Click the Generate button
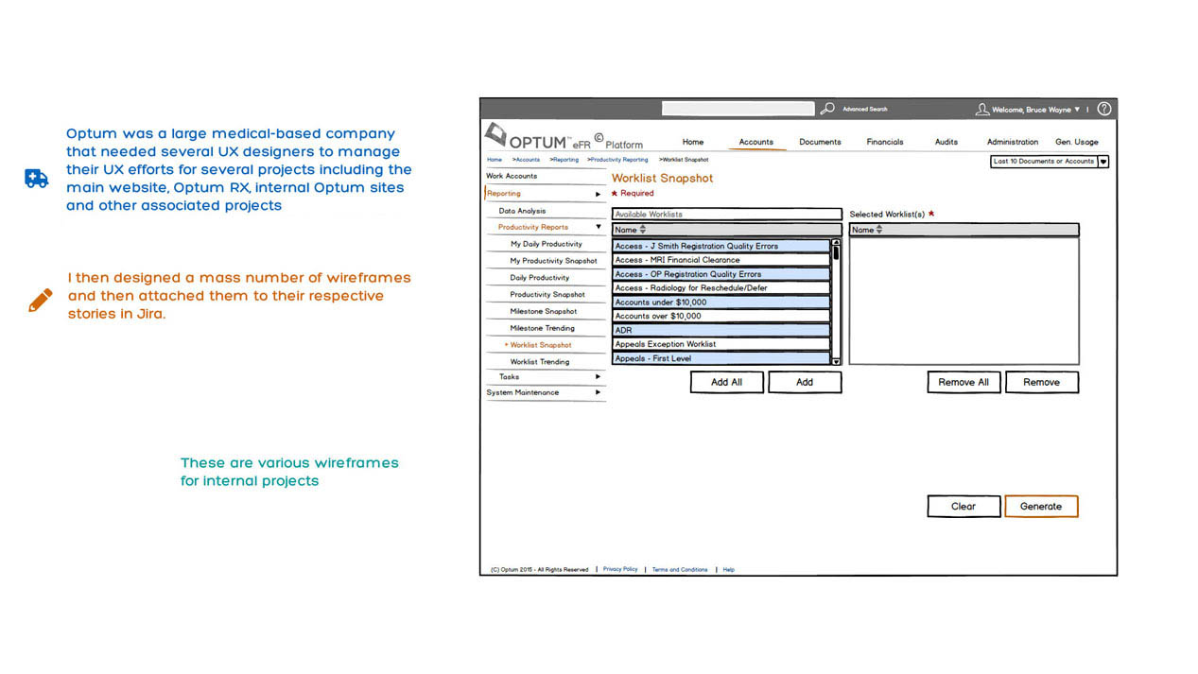click(1041, 507)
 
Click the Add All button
click(726, 382)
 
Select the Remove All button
click(964, 382)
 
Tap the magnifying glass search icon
click(827, 109)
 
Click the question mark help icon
click(1103, 109)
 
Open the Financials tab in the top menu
click(885, 142)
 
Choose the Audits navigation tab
click(946, 142)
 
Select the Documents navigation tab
click(820, 142)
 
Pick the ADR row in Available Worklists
click(721, 330)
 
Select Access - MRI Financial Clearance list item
click(721, 260)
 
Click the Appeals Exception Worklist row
click(721, 344)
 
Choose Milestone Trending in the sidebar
click(542, 328)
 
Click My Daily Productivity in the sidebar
click(546, 244)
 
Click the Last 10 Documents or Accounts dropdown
click(1049, 162)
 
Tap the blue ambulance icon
click(37, 179)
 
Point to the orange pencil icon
click(40, 301)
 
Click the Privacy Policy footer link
click(620, 569)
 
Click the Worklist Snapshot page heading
click(662, 178)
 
